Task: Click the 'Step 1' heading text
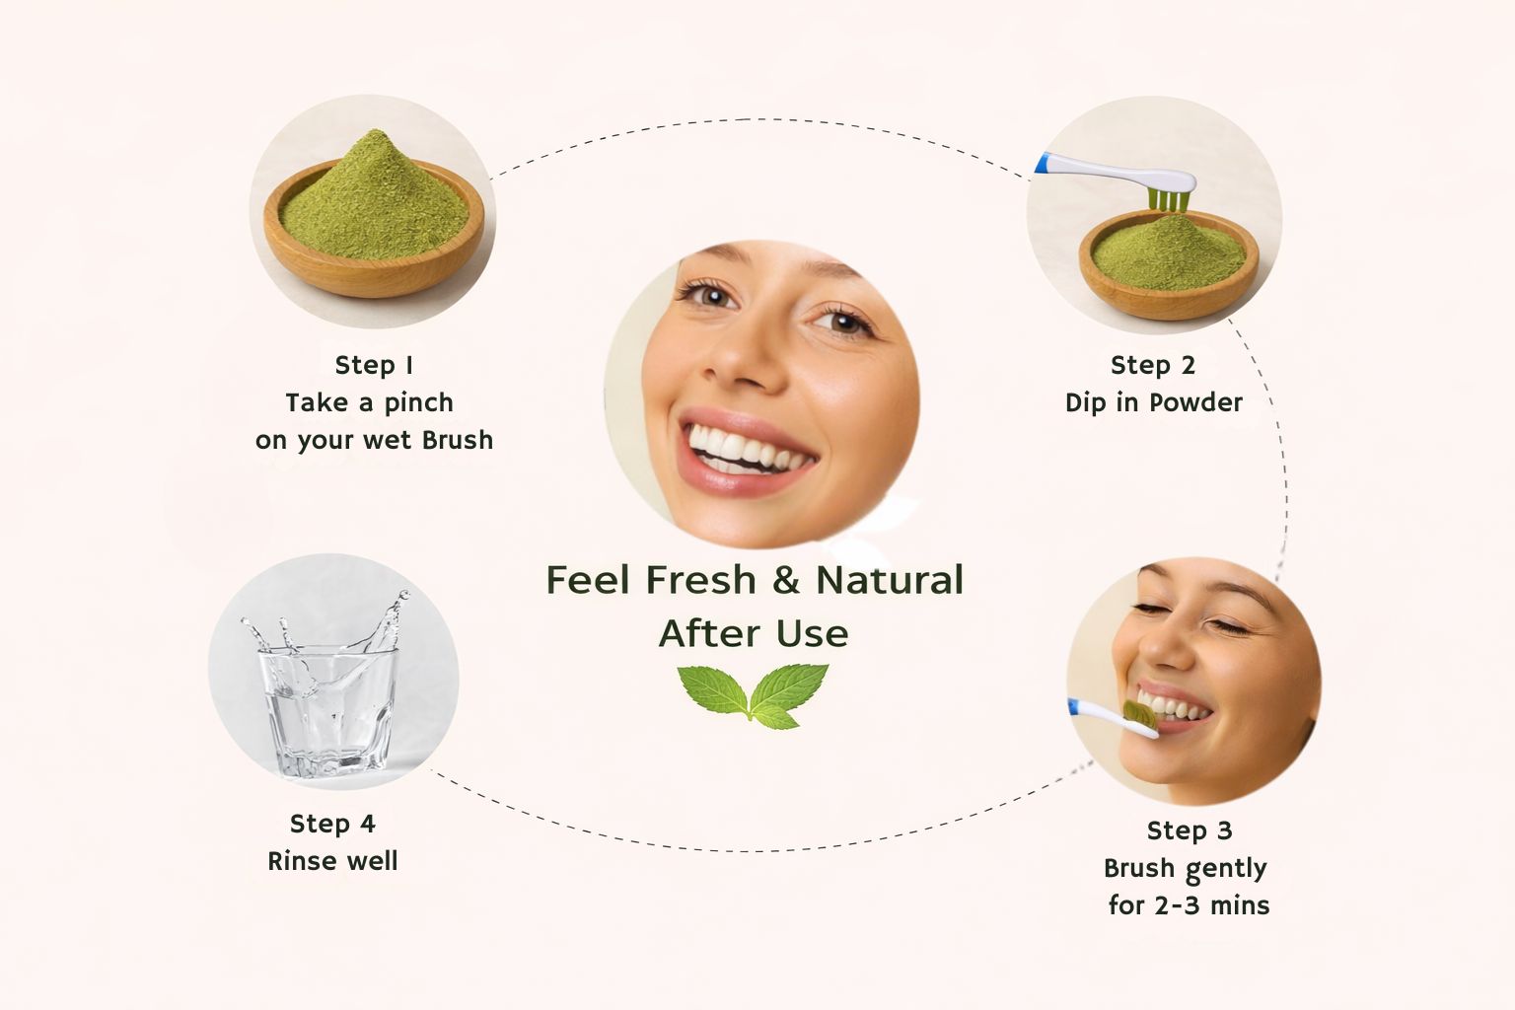pos(374,366)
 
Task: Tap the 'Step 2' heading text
pos(1153,366)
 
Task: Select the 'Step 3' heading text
pos(1190,830)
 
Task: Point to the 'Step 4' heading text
pos(332,824)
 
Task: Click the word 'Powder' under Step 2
pos(1195,403)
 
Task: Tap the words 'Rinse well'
pos(332,861)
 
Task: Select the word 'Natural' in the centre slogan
pos(890,580)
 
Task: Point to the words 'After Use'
pos(754,634)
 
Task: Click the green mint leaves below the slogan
pos(754,694)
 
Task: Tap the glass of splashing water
pos(329,696)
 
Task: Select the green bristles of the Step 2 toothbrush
pos(1168,199)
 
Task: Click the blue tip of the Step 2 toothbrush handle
pos(1043,163)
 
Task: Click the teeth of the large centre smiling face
pos(746,450)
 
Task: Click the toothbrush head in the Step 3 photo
pos(1138,716)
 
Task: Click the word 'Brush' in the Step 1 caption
pos(458,440)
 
